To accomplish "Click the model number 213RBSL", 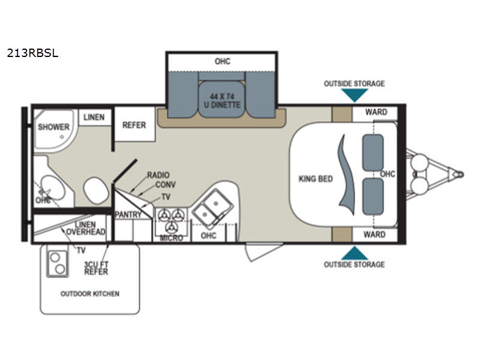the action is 32,53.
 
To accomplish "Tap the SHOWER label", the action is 53,127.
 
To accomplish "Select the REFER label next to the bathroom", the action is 134,125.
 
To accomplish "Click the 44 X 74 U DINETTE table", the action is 222,100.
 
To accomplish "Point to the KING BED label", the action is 316,178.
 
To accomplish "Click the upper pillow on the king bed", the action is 373,152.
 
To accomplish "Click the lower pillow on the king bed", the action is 373,197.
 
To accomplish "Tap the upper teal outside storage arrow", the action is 355,95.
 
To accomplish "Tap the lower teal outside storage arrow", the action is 355,253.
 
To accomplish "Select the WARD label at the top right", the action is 376,112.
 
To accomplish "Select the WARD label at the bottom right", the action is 374,235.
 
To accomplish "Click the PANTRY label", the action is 128,215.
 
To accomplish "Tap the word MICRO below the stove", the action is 172,238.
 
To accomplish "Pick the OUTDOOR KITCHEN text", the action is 90,294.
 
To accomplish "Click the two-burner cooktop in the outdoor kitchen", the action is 57,263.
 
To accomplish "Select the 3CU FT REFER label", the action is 96,268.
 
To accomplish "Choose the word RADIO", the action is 158,175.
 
